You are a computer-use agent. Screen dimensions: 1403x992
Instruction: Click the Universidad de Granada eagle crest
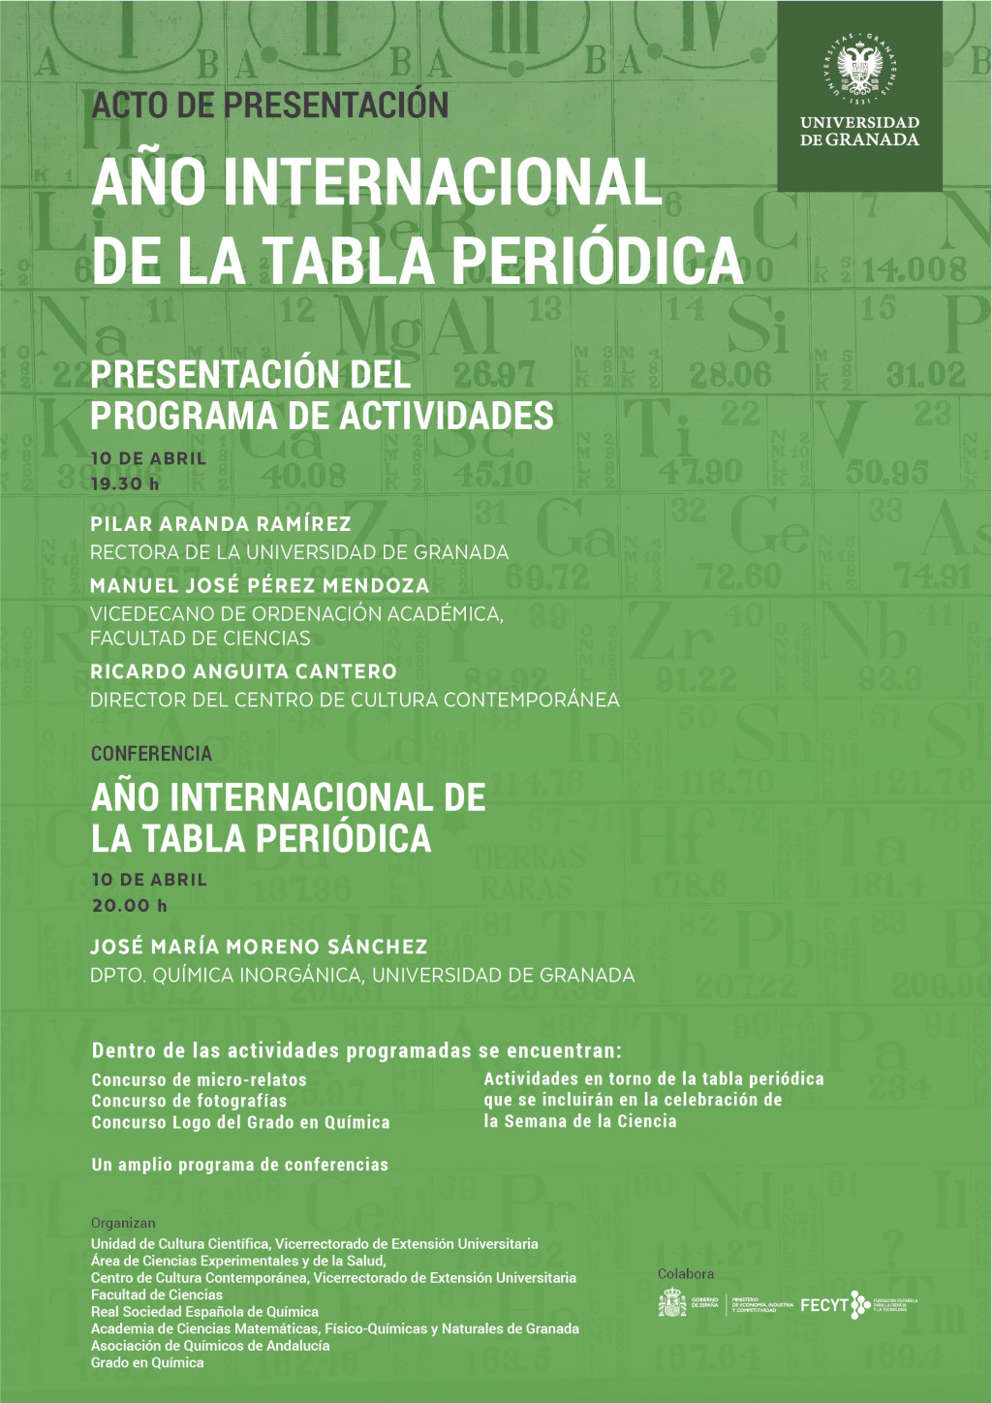tap(859, 69)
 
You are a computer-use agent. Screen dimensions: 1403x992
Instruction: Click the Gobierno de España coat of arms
tap(671, 1304)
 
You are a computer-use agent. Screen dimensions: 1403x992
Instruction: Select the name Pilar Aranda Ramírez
tap(221, 524)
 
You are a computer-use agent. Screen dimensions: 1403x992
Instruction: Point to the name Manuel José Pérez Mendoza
tap(260, 585)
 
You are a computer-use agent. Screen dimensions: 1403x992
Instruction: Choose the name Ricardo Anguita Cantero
tap(243, 671)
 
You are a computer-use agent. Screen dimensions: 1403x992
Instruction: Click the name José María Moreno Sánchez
tap(259, 947)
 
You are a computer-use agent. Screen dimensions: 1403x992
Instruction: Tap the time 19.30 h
tap(125, 483)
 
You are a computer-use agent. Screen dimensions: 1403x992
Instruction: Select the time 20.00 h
tap(130, 906)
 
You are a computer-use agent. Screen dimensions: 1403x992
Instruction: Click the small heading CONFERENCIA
tap(151, 754)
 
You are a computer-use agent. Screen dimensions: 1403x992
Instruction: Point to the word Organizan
tap(123, 1223)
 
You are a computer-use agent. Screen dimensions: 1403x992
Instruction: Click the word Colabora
tap(686, 1274)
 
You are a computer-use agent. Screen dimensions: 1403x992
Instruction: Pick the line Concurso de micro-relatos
tap(199, 1079)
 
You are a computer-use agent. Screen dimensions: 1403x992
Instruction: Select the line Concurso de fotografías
tap(189, 1101)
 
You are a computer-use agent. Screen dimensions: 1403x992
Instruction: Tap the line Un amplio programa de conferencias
tap(239, 1165)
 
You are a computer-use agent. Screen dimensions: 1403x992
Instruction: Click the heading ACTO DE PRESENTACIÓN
tap(270, 105)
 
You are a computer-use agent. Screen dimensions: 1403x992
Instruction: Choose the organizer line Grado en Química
tap(147, 1362)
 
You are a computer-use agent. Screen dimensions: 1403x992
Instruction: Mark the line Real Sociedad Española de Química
tap(204, 1312)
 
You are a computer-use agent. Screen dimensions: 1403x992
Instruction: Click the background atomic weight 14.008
tap(914, 269)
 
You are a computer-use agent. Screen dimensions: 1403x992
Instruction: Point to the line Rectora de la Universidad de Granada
tap(299, 552)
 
